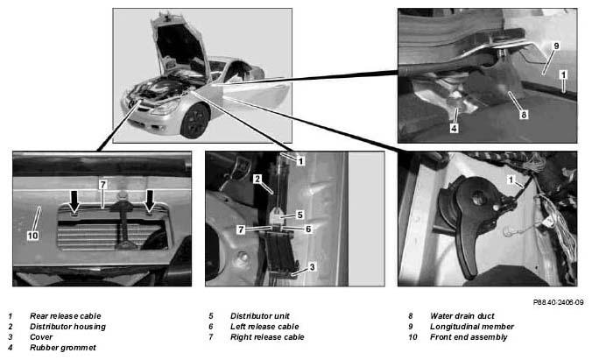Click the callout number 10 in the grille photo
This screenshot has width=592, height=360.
pos(33,236)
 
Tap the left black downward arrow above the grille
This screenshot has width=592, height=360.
pos(74,201)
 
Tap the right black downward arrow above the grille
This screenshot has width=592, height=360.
pos(151,201)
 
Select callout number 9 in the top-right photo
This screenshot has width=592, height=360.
pos(556,46)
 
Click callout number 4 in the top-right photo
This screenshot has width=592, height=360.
pos(455,129)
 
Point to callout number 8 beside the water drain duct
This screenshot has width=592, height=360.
pos(524,115)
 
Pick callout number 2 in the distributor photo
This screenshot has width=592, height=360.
pos(257,179)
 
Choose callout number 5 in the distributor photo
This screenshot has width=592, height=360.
pos(300,215)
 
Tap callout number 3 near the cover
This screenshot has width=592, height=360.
pos(312,267)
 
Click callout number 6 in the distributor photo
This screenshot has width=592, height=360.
pos(308,229)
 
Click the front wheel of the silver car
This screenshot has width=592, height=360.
pos(194,121)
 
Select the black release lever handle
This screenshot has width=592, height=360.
pos(469,242)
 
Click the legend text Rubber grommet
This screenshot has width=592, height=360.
pos(63,348)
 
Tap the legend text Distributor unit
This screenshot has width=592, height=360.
pos(260,316)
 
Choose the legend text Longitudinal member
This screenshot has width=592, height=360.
pos(472,327)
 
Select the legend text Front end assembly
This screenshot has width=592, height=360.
pos(469,337)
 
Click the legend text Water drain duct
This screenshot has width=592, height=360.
pos(462,316)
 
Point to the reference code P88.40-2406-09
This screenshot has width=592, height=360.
pos(558,302)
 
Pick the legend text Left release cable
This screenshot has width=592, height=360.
pos(264,327)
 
